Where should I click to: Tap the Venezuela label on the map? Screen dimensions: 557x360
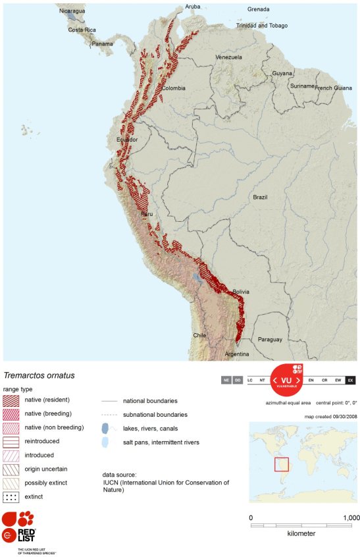pos(228,57)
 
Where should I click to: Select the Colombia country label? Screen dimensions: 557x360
pos(174,88)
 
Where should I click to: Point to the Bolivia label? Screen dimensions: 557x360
pos(241,291)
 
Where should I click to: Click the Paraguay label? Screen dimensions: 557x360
pos(270,340)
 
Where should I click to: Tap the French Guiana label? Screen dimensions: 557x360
pos(334,88)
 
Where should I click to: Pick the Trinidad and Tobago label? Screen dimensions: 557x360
pos(263,26)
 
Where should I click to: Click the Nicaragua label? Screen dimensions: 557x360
pos(72,11)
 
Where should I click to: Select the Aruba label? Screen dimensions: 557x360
pos(192,7)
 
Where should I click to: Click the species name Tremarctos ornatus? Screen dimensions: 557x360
pos(39,376)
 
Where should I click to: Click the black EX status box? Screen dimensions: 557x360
pos(350,380)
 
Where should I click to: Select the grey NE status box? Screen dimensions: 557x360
pos(226,380)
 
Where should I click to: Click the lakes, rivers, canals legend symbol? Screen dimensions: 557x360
pos(105,429)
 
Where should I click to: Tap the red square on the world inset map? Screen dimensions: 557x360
pos(281,464)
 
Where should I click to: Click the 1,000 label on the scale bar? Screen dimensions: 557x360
pos(350,517)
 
